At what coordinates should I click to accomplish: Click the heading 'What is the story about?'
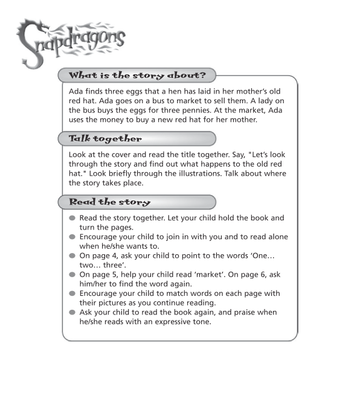(137, 75)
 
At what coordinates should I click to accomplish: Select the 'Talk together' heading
(105, 138)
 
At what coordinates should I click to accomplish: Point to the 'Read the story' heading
(109, 202)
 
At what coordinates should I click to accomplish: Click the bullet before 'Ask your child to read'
(72, 312)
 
